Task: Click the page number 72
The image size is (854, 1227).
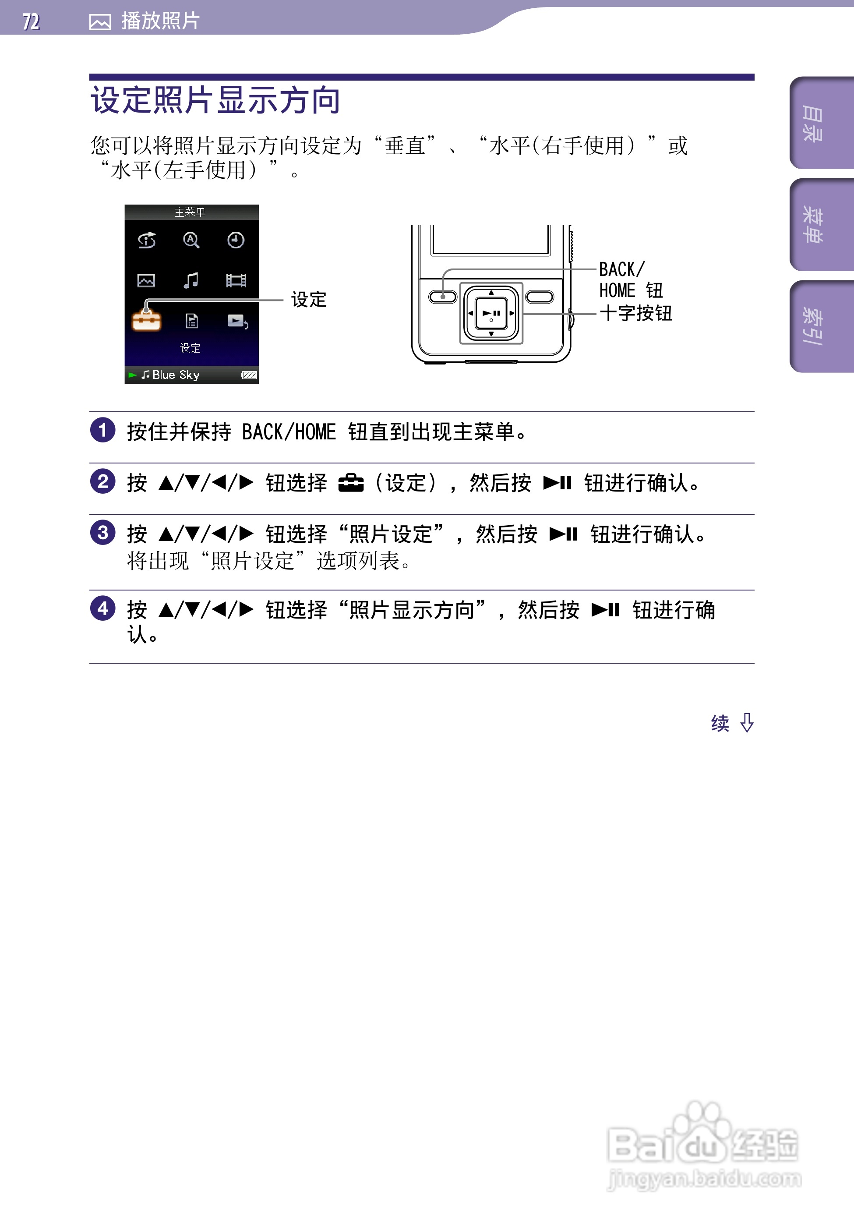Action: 31,22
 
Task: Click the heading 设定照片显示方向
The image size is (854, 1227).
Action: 215,100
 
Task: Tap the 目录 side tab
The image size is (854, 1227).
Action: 813,124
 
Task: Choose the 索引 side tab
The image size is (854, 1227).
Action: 813,326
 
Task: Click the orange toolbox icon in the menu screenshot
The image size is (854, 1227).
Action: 146,320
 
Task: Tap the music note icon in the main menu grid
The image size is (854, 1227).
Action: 191,280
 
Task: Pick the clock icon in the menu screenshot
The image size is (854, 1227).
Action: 236,240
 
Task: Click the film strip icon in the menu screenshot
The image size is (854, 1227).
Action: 236,280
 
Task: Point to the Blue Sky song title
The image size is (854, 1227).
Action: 175,375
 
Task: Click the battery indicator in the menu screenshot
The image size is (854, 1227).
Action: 249,375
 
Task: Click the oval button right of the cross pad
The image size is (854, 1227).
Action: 540,297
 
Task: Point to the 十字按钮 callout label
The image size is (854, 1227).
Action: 635,313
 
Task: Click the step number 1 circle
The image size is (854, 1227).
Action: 102,430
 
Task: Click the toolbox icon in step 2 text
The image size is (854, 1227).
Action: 351,483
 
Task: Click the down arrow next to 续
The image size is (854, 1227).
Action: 747,723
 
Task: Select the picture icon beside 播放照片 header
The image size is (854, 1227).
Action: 100,22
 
